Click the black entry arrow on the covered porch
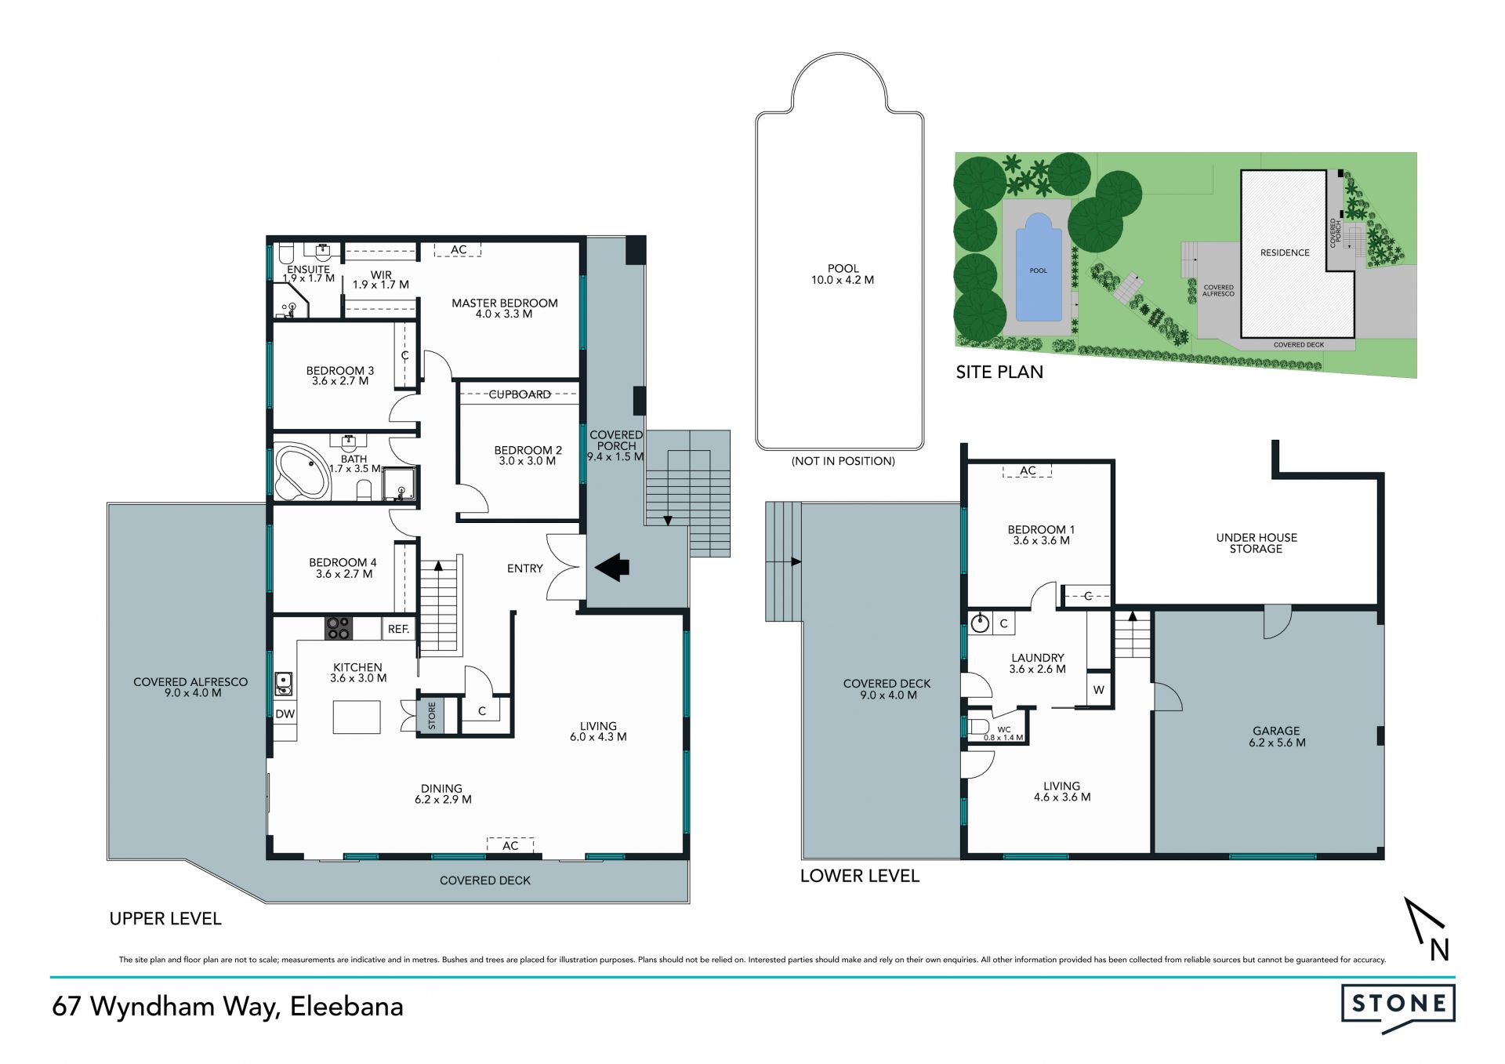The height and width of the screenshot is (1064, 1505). pos(612,567)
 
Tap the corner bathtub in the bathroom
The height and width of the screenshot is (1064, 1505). pos(303,472)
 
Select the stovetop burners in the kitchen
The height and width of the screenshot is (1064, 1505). pos(339,628)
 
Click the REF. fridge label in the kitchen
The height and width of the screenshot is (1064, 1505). pos(398,629)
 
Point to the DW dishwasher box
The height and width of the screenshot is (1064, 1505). pos(285,714)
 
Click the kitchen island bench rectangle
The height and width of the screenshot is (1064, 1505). pos(357,717)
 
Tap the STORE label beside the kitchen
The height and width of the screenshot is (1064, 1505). pos(432,715)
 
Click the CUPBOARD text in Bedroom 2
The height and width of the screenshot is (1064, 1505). pos(520,394)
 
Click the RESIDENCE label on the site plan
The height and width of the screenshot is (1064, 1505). pos(1285,252)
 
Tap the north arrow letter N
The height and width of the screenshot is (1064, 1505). pos(1439,950)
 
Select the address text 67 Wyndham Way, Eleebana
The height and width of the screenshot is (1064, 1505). pos(227,1007)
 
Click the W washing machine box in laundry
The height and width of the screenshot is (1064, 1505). pos(1099,690)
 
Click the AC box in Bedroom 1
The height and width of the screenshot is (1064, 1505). pos(1028,470)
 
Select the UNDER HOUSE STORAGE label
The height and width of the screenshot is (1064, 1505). pos(1257,543)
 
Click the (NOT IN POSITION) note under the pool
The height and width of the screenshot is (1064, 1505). pos(843,461)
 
